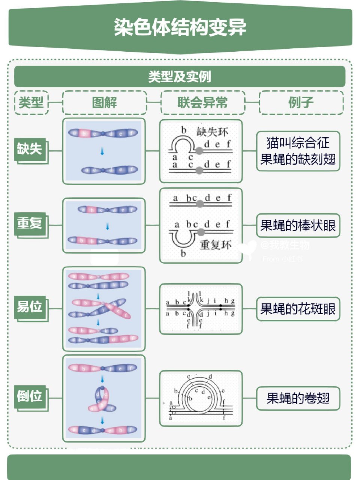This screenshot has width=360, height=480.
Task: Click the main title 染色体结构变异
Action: pyautogui.click(x=180, y=27)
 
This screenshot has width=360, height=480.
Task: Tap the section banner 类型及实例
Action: pyautogui.click(x=180, y=77)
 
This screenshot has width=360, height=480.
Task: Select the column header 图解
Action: pyautogui.click(x=104, y=102)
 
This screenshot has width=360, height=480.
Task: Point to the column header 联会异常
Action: pyautogui.click(x=202, y=102)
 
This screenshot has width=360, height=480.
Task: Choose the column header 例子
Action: pyautogui.click(x=301, y=102)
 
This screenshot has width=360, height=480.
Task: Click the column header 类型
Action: pyautogui.click(x=31, y=102)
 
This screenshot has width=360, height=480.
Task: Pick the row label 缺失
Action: pyautogui.click(x=29, y=149)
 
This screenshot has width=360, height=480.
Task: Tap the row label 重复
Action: pyautogui.click(x=29, y=223)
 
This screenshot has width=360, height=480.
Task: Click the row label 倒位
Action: pyautogui.click(x=29, y=396)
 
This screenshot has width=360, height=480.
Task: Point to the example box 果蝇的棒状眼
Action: pyautogui.click(x=298, y=225)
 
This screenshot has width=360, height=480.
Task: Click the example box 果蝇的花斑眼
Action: pyautogui.click(x=298, y=309)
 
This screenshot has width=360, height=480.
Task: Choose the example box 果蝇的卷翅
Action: pyautogui.click(x=298, y=398)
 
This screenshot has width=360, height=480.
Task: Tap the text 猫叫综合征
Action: pyautogui.click(x=298, y=143)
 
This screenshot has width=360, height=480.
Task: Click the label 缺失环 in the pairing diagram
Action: pyautogui.click(x=212, y=132)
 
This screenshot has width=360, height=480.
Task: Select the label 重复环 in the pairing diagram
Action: pyautogui.click(x=216, y=245)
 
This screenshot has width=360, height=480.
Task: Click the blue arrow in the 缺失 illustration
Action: pyautogui.click(x=102, y=151)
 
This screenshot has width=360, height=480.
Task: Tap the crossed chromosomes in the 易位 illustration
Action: pyautogui.click(x=102, y=308)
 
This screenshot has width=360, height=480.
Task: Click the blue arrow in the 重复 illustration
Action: pyautogui.click(x=108, y=226)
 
